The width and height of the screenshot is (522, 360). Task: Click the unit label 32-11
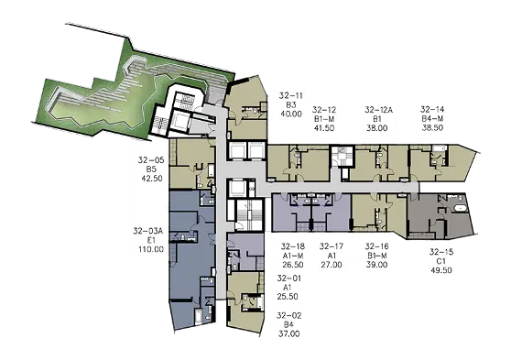click(291, 96)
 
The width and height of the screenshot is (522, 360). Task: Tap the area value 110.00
click(151, 249)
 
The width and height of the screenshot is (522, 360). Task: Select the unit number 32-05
click(151, 160)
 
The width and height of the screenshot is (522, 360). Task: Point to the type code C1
click(441, 261)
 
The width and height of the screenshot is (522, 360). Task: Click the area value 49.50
click(441, 270)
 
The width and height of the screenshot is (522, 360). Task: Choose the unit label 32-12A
click(378, 110)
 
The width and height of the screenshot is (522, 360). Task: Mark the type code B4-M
click(432, 118)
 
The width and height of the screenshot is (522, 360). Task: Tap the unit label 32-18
click(293, 246)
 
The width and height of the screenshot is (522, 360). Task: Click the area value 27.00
click(332, 265)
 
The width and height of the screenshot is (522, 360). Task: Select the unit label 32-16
click(377, 246)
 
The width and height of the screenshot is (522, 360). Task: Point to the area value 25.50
click(288, 297)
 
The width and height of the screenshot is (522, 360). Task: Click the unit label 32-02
click(289, 315)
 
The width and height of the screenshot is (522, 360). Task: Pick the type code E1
click(151, 240)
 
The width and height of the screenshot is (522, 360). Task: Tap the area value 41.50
click(324, 128)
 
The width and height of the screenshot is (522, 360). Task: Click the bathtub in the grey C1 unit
click(461, 209)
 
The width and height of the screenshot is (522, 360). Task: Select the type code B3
click(291, 105)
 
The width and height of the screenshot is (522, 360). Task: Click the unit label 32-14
click(432, 110)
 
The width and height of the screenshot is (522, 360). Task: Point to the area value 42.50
click(152, 179)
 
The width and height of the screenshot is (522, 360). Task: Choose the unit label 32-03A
click(148, 231)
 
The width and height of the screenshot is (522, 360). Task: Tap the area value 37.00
click(289, 333)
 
